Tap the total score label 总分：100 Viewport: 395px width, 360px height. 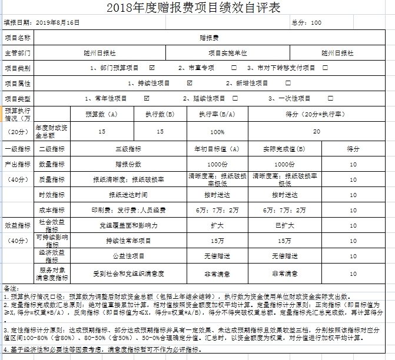tap(307, 23)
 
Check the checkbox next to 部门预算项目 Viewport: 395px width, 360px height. tap(152, 68)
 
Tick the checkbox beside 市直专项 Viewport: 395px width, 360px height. tap(234, 68)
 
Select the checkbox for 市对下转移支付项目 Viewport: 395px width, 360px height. tap(326, 68)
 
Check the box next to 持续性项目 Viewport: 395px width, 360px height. tap(190, 83)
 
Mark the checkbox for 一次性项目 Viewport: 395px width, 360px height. tap(330, 98)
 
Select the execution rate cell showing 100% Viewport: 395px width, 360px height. tap(217, 132)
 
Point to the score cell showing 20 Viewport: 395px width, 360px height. tap(317, 131)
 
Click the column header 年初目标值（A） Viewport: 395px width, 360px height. tap(217, 149)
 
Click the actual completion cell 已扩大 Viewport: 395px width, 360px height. tap(284, 225)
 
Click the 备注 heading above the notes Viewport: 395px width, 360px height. tap(12, 288)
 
